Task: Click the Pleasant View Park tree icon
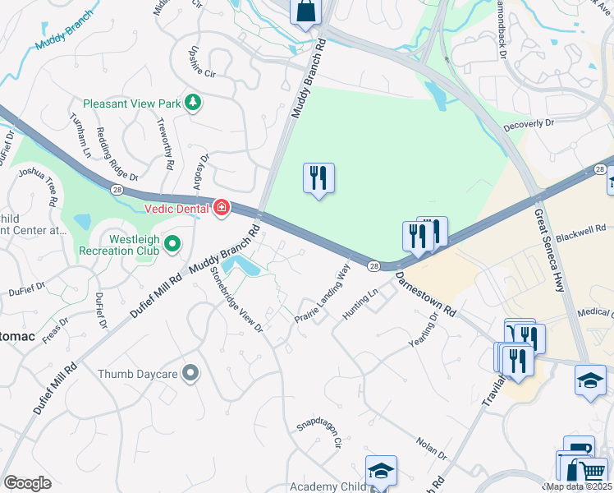point(193,103)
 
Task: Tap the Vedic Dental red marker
point(221,208)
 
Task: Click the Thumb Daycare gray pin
point(190,374)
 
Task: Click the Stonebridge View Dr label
point(236,298)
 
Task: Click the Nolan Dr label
point(430,448)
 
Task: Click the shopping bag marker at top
point(305,12)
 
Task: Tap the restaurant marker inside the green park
point(318,178)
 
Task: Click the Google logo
point(27,483)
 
